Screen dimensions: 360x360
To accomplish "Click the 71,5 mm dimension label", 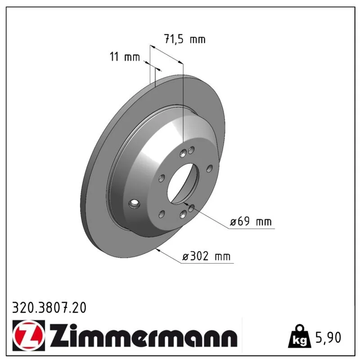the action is pyautogui.click(x=185, y=39).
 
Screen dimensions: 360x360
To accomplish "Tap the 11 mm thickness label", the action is pyautogui.click(x=125, y=57).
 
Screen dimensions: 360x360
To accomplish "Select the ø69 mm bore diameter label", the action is pyautogui.click(x=251, y=222).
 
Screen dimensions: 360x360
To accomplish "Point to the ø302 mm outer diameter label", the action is pyautogui.click(x=206, y=256).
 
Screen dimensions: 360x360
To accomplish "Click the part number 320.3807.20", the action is pyautogui.click(x=49, y=308).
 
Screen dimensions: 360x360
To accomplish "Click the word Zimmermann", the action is pyautogui.click(x=144, y=335).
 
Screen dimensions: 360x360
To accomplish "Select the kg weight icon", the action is pyautogui.click(x=300, y=336).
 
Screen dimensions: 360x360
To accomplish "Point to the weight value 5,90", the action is pyautogui.click(x=328, y=337).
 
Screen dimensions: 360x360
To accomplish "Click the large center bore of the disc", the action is pyautogui.click(x=183, y=184).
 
